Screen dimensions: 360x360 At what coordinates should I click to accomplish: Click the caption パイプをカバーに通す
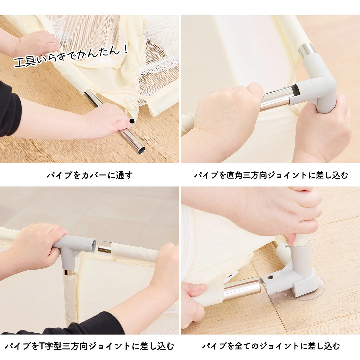click(89, 175)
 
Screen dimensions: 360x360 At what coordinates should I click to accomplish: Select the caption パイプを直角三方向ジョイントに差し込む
click(271, 175)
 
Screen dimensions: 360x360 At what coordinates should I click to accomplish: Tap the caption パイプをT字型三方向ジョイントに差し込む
click(89, 346)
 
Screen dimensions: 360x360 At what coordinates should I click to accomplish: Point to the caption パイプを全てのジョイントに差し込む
click(271, 346)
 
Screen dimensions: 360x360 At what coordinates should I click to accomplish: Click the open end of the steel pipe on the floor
click(141, 150)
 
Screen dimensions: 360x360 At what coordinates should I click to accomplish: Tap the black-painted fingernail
click(132, 121)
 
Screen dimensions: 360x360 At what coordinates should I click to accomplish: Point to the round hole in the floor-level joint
click(269, 277)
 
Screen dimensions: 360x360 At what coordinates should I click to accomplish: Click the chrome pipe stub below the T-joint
click(69, 272)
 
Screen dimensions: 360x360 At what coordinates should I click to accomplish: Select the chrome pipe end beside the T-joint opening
click(105, 247)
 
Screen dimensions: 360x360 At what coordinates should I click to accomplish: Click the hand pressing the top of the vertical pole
click(287, 210)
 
